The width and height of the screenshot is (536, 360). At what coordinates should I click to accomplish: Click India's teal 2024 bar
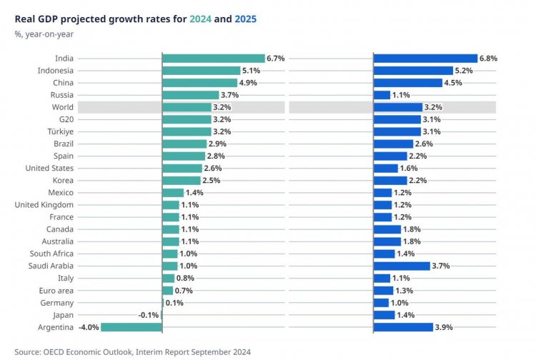214,59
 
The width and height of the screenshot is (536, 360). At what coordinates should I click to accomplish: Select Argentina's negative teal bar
131,327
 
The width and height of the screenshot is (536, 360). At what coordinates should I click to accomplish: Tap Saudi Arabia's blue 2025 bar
402,266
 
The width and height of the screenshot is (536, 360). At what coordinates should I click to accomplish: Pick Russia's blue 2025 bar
382,95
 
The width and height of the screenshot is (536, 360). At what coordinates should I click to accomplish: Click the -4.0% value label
89,327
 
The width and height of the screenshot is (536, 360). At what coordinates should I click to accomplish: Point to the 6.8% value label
488,59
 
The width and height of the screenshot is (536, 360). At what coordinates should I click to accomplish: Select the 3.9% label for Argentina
444,327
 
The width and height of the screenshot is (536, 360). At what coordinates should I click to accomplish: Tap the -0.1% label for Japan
149,315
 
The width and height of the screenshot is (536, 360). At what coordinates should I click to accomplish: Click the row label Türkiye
61,131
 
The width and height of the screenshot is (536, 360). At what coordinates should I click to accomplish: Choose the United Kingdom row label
44,205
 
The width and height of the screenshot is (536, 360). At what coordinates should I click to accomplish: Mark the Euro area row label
56,291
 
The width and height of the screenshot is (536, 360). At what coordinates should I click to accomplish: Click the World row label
63,107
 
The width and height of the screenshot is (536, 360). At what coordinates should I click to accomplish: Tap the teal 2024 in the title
200,19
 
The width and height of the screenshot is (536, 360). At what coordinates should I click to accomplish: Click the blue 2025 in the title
245,19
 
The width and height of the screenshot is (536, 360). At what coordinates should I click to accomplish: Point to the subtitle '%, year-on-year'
44,34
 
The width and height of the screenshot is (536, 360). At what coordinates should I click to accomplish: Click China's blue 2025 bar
408,83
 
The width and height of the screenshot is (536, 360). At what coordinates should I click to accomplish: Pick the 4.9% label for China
248,83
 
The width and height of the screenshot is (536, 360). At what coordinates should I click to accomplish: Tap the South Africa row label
51,254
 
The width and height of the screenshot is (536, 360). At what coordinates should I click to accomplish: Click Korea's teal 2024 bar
182,180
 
